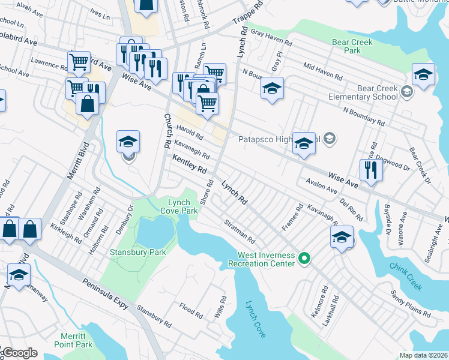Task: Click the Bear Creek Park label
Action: coord(352,47)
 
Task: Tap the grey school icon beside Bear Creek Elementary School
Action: coord(407,92)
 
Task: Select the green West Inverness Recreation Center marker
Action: coord(304,259)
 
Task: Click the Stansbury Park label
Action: coord(137,253)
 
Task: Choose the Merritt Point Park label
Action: coord(76,340)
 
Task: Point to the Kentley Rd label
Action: coord(189,163)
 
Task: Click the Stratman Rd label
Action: coord(240,230)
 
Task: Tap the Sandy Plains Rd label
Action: coord(411,304)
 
